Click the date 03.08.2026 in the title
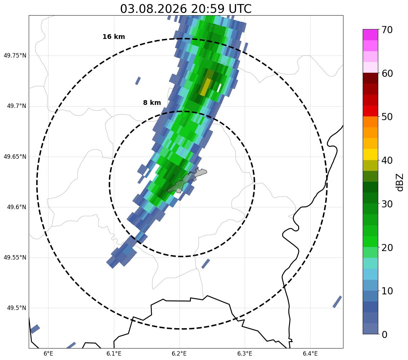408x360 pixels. click(153, 9)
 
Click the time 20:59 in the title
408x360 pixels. click(208, 9)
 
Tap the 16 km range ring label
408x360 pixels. click(114, 37)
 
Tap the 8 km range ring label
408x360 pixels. click(152, 103)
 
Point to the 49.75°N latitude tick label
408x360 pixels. click(15, 55)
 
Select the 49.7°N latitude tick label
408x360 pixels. click(17, 106)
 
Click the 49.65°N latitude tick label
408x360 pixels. click(15, 157)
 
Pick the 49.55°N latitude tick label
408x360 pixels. click(15, 257)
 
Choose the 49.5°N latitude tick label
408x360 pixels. click(17, 308)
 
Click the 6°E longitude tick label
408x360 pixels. click(48, 354)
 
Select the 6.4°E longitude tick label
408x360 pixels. click(310, 354)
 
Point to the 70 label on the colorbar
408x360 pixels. click(387, 30)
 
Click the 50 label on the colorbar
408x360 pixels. click(387, 117)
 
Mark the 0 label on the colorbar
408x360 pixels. click(384, 335)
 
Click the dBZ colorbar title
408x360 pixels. click(400, 182)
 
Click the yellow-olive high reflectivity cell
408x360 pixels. click(206, 87)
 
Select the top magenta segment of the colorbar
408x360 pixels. click(370, 35)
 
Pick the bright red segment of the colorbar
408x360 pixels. click(370, 111)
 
